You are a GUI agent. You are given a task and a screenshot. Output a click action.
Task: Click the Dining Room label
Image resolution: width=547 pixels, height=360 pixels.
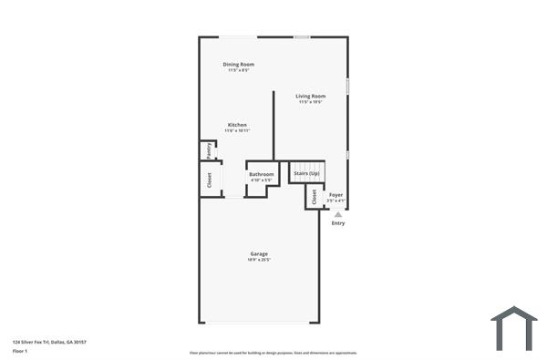(239, 65)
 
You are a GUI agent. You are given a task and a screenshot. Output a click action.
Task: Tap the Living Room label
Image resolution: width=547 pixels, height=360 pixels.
(311, 96)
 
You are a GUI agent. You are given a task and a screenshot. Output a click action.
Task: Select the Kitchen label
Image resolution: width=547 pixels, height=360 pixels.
(237, 125)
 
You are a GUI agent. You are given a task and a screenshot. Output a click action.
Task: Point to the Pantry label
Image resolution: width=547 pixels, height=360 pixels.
(209, 150)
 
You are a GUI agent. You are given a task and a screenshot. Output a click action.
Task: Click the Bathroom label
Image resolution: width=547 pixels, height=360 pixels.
(262, 174)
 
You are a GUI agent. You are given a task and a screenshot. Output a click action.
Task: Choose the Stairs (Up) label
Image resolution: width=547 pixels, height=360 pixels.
(306, 173)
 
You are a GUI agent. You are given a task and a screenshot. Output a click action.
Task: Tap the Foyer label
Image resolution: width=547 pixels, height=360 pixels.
(336, 194)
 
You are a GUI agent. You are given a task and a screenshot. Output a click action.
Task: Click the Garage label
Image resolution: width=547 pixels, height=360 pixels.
(259, 253)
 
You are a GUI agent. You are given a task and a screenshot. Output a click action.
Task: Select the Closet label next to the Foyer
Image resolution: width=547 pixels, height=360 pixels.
(314, 197)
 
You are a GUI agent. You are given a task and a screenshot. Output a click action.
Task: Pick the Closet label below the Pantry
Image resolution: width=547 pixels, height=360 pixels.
(209, 180)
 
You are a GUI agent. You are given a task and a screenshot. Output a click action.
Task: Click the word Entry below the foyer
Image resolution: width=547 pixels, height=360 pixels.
(338, 223)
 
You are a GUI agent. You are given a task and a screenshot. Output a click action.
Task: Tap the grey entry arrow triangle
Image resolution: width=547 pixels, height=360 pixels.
(338, 214)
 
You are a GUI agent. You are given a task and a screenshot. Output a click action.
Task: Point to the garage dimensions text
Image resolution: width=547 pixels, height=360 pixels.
(259, 260)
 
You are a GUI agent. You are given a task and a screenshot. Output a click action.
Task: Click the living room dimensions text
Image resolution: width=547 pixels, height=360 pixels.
(311, 102)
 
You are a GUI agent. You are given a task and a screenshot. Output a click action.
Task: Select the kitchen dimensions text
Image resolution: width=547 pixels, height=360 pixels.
(237, 131)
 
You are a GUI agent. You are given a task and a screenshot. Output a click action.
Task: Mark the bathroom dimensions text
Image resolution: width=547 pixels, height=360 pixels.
(262, 180)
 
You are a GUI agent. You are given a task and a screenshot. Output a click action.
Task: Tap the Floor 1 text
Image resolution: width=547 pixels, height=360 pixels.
(21, 350)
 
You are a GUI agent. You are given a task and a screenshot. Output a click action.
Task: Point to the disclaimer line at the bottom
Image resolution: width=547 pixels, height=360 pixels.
(273, 352)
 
